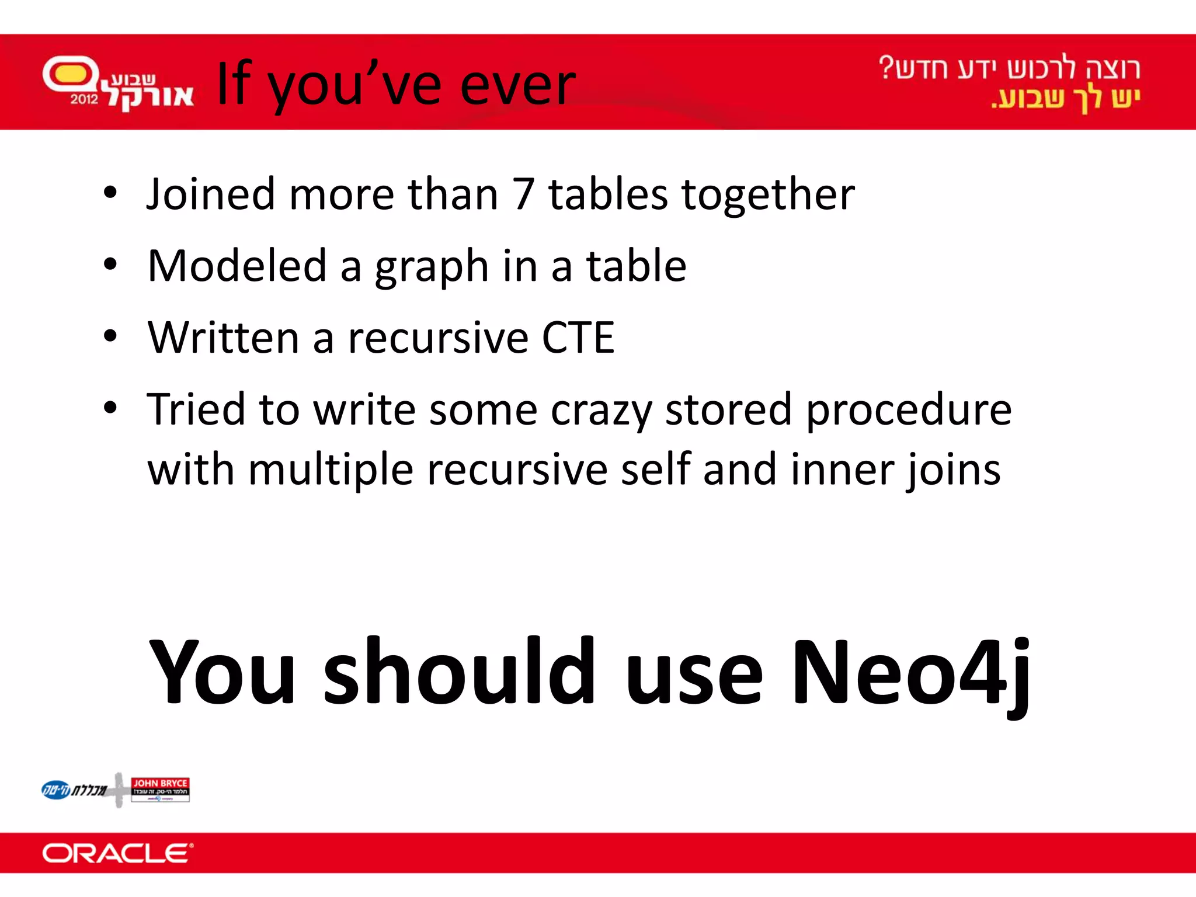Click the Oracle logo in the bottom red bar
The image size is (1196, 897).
pyautogui.click(x=117, y=853)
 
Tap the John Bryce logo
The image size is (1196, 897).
pyautogui.click(x=160, y=789)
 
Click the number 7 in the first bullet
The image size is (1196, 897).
pyautogui.click(x=523, y=194)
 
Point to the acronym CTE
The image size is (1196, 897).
pyautogui.click(x=578, y=338)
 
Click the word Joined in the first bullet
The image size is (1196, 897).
pyautogui.click(x=211, y=194)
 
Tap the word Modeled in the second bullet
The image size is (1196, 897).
pyautogui.click(x=237, y=266)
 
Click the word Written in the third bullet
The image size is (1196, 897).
pyautogui.click(x=223, y=338)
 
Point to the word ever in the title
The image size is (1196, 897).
pyautogui.click(x=517, y=85)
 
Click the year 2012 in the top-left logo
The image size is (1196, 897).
pyautogui.click(x=84, y=99)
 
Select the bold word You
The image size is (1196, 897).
pyautogui.click(x=222, y=673)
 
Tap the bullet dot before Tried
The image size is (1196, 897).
pyautogui.click(x=110, y=408)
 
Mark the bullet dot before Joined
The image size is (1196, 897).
pyautogui.click(x=110, y=193)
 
